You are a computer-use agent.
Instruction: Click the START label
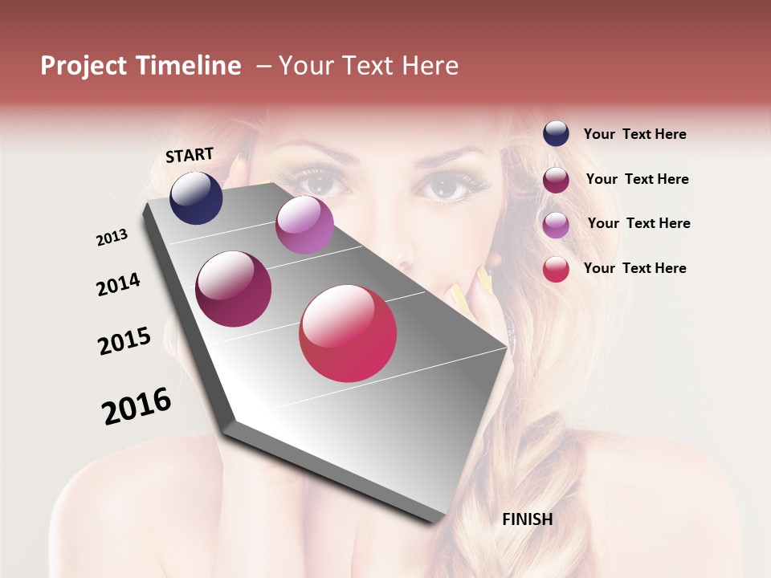(190, 155)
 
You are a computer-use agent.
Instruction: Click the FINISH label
(527, 519)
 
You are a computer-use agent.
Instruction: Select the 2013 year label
(112, 238)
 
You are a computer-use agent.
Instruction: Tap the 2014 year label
(118, 284)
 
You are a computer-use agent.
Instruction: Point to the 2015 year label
(124, 341)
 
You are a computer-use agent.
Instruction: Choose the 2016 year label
(137, 405)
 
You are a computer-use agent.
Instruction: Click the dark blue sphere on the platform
(196, 197)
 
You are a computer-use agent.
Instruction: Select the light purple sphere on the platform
(304, 224)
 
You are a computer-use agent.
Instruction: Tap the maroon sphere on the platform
(234, 289)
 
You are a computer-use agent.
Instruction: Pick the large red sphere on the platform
(348, 333)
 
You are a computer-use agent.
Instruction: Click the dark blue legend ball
(556, 134)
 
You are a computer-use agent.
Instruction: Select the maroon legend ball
(556, 179)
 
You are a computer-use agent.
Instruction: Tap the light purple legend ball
(556, 224)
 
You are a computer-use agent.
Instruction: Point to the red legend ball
(556, 269)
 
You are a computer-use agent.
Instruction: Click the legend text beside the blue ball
(634, 134)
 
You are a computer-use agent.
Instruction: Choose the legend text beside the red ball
(634, 268)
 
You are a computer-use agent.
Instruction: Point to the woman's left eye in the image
(446, 186)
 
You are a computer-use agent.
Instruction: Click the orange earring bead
(493, 259)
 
